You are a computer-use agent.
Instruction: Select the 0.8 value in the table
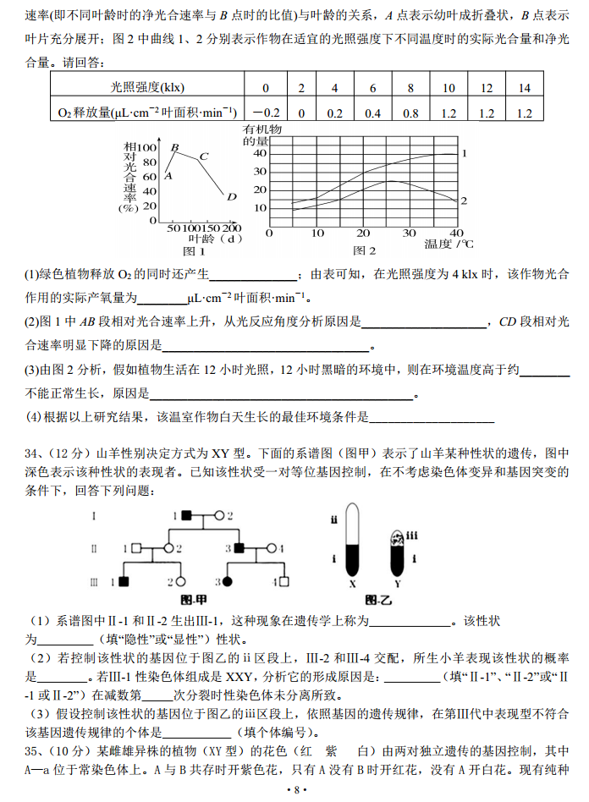[x=410, y=113]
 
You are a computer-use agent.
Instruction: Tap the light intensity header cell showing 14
[x=524, y=88]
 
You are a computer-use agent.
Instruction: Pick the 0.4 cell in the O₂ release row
[x=372, y=113]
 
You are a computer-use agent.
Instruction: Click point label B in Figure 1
[x=174, y=147]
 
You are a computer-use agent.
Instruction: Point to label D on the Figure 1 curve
[x=231, y=196]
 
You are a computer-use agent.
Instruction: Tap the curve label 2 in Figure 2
[x=464, y=200]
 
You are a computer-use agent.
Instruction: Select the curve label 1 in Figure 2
[x=464, y=153]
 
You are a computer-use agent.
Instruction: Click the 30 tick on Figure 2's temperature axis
[x=410, y=233]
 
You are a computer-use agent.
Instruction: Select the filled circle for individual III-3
[x=228, y=582]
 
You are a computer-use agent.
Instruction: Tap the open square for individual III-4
[x=284, y=582]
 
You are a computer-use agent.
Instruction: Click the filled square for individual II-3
[x=240, y=548]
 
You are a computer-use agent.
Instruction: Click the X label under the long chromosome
[x=351, y=584]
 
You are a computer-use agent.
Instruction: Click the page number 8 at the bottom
[x=295, y=789]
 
